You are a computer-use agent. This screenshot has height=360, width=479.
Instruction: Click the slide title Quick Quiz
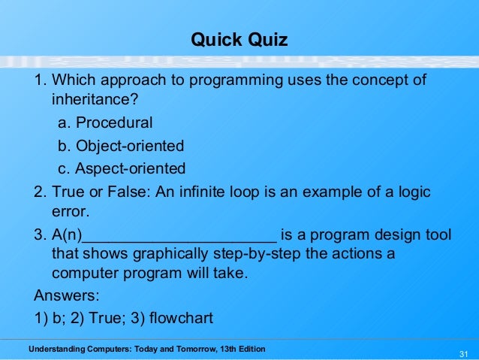239,39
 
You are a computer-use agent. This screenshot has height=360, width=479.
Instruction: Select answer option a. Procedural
105,122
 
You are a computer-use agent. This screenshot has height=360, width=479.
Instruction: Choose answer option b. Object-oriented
121,145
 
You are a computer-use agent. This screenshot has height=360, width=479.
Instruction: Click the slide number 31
462,354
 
